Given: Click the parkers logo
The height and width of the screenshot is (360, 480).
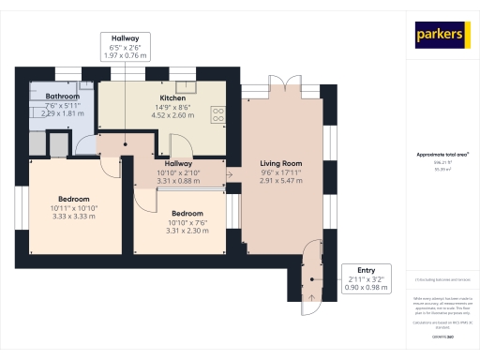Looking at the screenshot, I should pyautogui.click(x=440, y=36).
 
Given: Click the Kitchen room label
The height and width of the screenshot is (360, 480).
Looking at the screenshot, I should pyautogui.click(x=172, y=97).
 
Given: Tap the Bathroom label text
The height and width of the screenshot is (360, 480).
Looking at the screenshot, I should pyautogui.click(x=62, y=96).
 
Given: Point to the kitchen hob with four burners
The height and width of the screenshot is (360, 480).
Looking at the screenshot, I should pyautogui.click(x=218, y=113).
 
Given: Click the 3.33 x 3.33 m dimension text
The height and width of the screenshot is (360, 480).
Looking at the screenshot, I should pyautogui.click(x=75, y=216).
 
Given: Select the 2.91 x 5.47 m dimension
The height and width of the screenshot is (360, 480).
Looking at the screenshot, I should pyautogui.click(x=281, y=180).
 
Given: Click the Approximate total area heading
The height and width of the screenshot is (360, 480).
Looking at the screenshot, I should pyautogui.click(x=442, y=154).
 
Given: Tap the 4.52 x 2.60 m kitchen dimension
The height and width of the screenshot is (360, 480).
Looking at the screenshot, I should pyautogui.click(x=172, y=115).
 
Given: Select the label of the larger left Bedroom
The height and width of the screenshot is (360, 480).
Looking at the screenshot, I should pyautogui.click(x=75, y=199).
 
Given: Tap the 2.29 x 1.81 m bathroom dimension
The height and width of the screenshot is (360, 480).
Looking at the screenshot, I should pyautogui.click(x=62, y=112).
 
